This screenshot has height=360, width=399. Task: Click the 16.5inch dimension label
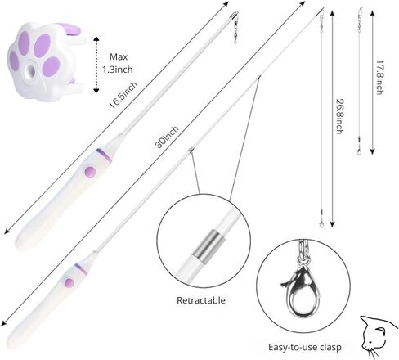[123, 95]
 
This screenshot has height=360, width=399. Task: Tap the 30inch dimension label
[167, 137]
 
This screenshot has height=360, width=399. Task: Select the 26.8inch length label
[339, 116]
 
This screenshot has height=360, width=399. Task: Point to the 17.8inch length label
[380, 77]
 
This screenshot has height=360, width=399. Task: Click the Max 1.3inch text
[118, 63]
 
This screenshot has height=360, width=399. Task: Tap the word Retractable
[201, 300]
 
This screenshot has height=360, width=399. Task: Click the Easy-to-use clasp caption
[305, 347]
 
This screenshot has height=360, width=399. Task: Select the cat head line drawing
[378, 337]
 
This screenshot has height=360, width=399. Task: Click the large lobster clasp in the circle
[301, 292]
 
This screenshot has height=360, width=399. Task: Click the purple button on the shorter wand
[90, 172]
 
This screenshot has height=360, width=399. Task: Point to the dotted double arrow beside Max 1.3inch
[96, 65]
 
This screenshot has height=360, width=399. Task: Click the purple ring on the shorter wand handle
[104, 155]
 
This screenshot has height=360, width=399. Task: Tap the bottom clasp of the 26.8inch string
[321, 223]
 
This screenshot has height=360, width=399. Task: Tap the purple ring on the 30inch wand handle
[81, 269]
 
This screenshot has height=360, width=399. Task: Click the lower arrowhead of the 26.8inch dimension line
[332, 224]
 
